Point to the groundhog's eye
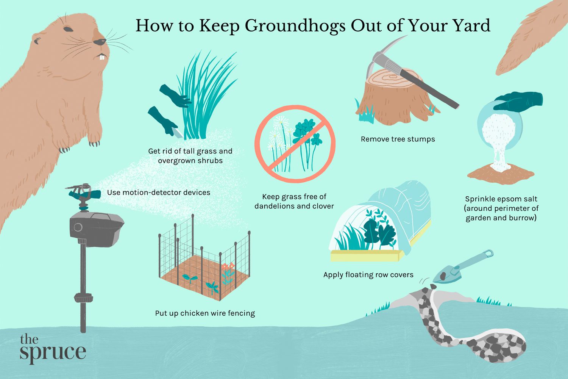click(68, 29)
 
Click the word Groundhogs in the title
click(295, 26)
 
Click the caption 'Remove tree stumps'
click(398, 139)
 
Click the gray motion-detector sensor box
click(96, 229)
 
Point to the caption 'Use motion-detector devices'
click(158, 193)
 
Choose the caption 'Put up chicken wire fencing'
click(205, 313)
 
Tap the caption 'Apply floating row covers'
click(368, 275)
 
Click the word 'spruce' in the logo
click(53, 352)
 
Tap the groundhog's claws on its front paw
click(95, 144)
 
